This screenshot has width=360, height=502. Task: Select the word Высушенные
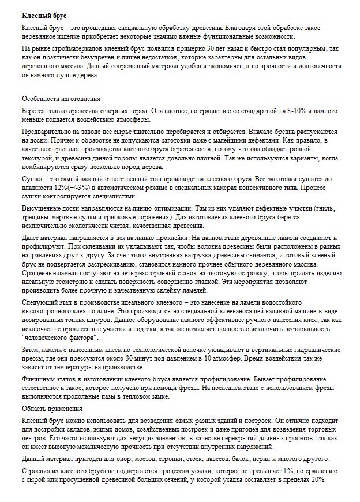42,208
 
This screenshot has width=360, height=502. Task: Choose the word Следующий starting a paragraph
41,302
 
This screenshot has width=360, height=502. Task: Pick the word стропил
166,459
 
